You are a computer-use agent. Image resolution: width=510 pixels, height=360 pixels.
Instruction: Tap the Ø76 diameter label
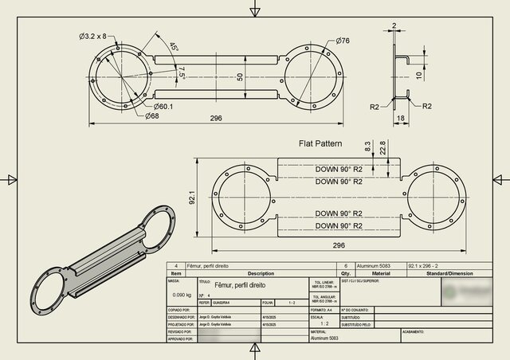coord(343,40)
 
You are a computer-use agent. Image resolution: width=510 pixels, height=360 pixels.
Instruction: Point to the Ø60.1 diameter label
coord(163,106)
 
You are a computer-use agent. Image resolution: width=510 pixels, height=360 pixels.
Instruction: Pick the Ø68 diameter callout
coord(151,116)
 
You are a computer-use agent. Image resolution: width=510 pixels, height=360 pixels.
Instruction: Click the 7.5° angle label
coord(182,72)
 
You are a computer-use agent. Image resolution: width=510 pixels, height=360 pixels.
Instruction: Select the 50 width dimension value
coord(239,76)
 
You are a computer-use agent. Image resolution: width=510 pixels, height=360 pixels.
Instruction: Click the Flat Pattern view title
coord(320,144)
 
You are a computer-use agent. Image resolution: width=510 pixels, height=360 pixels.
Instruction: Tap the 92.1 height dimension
coord(192,196)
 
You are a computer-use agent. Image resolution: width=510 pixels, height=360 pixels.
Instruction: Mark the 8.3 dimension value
coord(367,147)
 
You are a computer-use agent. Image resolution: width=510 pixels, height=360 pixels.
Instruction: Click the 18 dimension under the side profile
coord(400,117)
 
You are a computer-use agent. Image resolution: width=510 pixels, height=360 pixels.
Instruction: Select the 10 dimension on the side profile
coord(419,76)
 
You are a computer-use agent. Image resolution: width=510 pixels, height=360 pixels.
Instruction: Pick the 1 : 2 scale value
coord(323,324)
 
